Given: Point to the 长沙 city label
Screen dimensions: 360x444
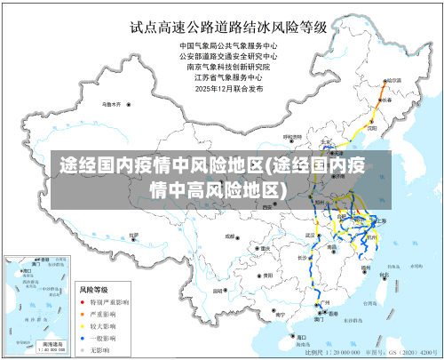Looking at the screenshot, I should (x=303, y=258).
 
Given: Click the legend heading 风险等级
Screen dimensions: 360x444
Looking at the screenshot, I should (x=95, y=290).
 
